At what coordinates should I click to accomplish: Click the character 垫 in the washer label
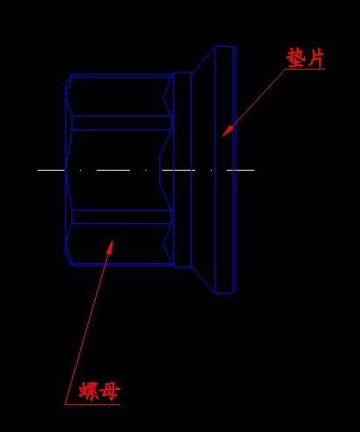pyautogui.click(x=296, y=57)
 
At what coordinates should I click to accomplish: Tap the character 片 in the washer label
pyautogui.click(x=316, y=58)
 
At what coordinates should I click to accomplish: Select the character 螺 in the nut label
pyautogui.click(x=89, y=391)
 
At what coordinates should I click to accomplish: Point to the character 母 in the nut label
pyautogui.click(x=109, y=391)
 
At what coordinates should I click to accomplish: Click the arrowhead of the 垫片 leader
pyautogui.click(x=228, y=131)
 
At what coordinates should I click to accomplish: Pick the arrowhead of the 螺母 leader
pyautogui.click(x=109, y=247)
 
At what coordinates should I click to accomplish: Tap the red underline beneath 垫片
pyautogui.click(x=305, y=69)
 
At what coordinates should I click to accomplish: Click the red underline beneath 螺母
pyautogui.click(x=92, y=404)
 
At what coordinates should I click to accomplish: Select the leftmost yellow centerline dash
pyautogui.click(x=51, y=170)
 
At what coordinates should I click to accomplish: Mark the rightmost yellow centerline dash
pyautogui.click(x=241, y=170)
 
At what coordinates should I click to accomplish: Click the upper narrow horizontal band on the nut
pyautogui.click(x=121, y=123)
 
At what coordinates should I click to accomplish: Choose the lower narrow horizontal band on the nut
pyautogui.click(x=121, y=217)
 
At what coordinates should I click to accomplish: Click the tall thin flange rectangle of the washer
pyautogui.click(x=224, y=170)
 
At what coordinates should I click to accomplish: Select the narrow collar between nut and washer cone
pyautogui.click(x=182, y=170)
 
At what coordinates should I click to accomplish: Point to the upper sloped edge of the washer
pyautogui.click(x=203, y=59)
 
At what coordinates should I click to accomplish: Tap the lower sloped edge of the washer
pyautogui.click(x=203, y=280)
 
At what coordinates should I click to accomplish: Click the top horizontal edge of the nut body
pyautogui.click(x=122, y=75)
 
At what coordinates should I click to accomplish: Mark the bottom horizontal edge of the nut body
pyautogui.click(x=122, y=265)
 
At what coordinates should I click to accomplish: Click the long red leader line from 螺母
pyautogui.click(x=88, y=322)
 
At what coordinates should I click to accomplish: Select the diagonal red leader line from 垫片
pyautogui.click(x=254, y=103)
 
